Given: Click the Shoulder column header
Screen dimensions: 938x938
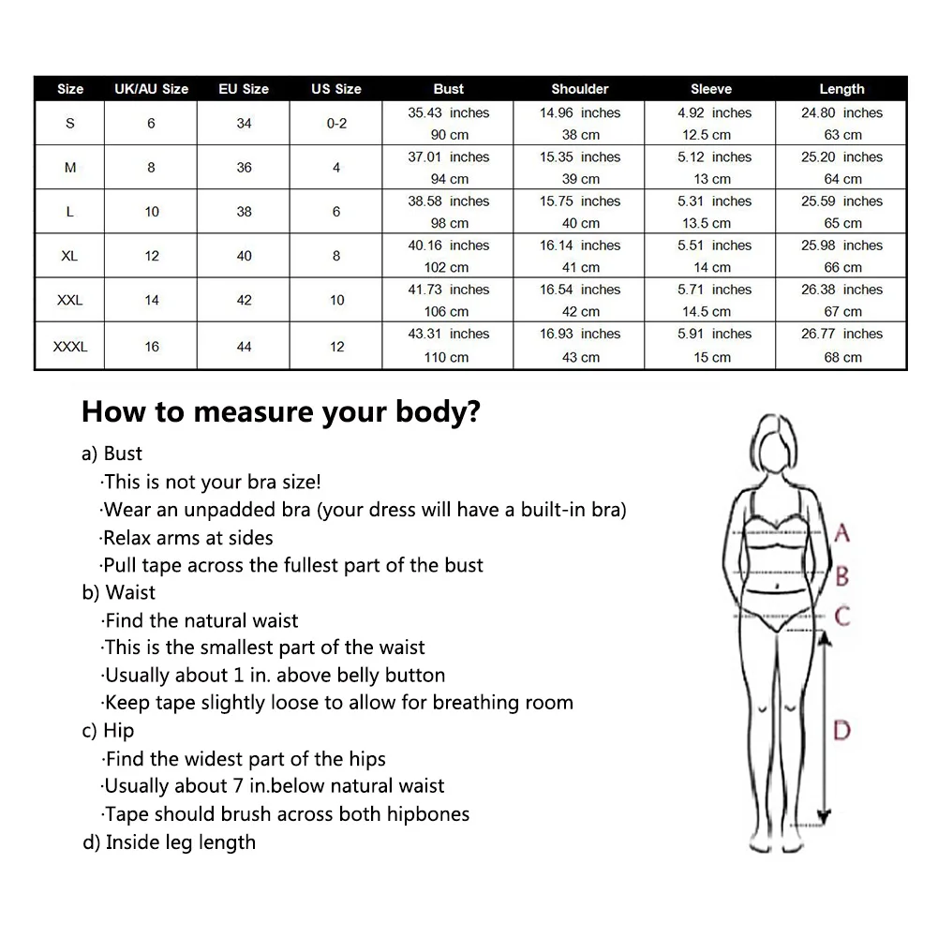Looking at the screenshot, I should [x=579, y=89].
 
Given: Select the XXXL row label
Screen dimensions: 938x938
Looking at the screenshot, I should [x=70, y=347].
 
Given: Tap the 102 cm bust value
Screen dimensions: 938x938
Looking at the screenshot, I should [x=448, y=267].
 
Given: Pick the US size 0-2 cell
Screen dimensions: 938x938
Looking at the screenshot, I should [x=336, y=123].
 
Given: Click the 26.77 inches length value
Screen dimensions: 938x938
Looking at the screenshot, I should [x=841, y=334].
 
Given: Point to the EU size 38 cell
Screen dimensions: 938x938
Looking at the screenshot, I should [x=244, y=212].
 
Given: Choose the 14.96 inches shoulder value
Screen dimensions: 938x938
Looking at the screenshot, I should [x=579, y=112].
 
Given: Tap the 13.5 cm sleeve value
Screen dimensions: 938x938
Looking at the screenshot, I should [x=710, y=223].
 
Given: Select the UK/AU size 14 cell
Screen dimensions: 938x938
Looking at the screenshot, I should [x=152, y=300].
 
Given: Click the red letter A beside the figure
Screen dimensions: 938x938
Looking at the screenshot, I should [x=841, y=534].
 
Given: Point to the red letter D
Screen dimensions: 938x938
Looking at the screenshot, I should [x=841, y=729].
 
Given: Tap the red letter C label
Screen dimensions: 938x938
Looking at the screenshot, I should [x=841, y=617].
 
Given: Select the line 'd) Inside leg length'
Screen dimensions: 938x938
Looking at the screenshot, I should [x=169, y=841].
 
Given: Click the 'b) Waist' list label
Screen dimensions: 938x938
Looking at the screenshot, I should [x=119, y=592].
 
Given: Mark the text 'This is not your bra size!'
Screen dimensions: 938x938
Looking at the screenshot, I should [x=212, y=482].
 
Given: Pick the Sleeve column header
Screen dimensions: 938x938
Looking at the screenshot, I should [x=710, y=89].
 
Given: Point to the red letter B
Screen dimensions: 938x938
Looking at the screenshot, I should [x=841, y=574].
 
